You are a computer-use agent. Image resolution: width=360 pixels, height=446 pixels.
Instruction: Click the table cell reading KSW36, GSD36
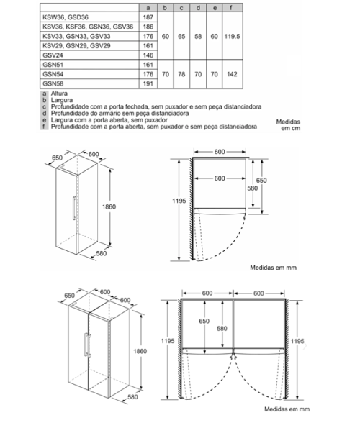pyautogui.click(x=66, y=17)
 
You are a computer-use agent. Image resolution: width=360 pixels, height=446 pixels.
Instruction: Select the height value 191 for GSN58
pyautogui.click(x=148, y=83)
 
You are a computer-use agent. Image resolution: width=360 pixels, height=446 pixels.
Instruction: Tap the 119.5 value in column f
pyautogui.click(x=232, y=36)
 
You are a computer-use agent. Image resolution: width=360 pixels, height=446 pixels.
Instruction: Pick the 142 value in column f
pyautogui.click(x=232, y=74)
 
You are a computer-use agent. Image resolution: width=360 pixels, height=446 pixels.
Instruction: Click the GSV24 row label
pyautogui.click(x=53, y=55)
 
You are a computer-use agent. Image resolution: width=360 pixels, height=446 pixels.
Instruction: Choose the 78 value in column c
pyautogui.click(x=181, y=74)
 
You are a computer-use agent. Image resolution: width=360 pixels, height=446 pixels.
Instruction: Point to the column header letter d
pyautogui.click(x=198, y=8)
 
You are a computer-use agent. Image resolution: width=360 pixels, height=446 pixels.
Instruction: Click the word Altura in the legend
pyautogui.click(x=59, y=94)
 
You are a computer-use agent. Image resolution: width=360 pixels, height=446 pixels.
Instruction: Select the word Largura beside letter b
pyautogui.click(x=62, y=100)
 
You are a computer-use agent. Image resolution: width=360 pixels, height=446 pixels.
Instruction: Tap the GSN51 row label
pyautogui.click(x=53, y=65)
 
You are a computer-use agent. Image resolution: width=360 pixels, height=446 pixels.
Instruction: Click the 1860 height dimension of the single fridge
pyautogui.click(x=109, y=206)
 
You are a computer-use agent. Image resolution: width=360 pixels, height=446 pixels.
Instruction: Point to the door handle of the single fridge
pyautogui.click(x=74, y=208)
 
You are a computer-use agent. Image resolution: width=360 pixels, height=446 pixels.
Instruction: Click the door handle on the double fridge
pyautogui.click(x=86, y=345)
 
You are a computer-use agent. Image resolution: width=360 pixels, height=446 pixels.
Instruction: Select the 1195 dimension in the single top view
pyautogui.click(x=179, y=201)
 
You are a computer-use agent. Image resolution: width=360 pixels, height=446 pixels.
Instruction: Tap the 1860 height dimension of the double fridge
pyautogui.click(x=140, y=351)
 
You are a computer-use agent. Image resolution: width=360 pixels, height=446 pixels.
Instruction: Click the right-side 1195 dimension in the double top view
pyautogui.click(x=297, y=341)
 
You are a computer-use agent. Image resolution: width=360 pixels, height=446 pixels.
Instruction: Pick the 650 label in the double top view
pyautogui.click(x=204, y=321)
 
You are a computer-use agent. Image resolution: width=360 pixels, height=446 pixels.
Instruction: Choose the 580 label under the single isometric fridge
pyautogui.click(x=102, y=253)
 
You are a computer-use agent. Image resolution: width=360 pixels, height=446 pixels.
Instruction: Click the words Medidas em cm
pyautogui.click(x=288, y=125)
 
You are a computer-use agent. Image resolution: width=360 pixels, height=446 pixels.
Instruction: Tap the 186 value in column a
pyautogui.click(x=148, y=27)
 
